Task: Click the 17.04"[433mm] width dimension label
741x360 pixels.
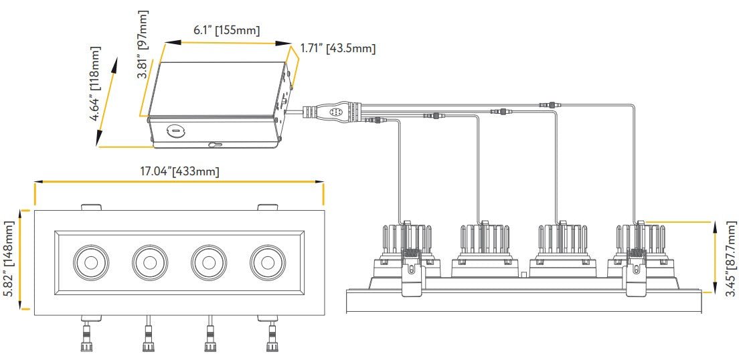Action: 179,171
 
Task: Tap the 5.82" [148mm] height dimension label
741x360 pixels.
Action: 9,260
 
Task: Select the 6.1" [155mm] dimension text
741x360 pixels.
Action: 226,29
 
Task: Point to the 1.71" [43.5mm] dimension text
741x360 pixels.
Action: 337,48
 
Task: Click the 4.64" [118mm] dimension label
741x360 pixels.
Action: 96,84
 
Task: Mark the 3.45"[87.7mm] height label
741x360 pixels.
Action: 732,258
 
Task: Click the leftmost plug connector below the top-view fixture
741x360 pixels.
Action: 87,339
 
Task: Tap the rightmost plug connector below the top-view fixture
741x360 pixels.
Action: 272,339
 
